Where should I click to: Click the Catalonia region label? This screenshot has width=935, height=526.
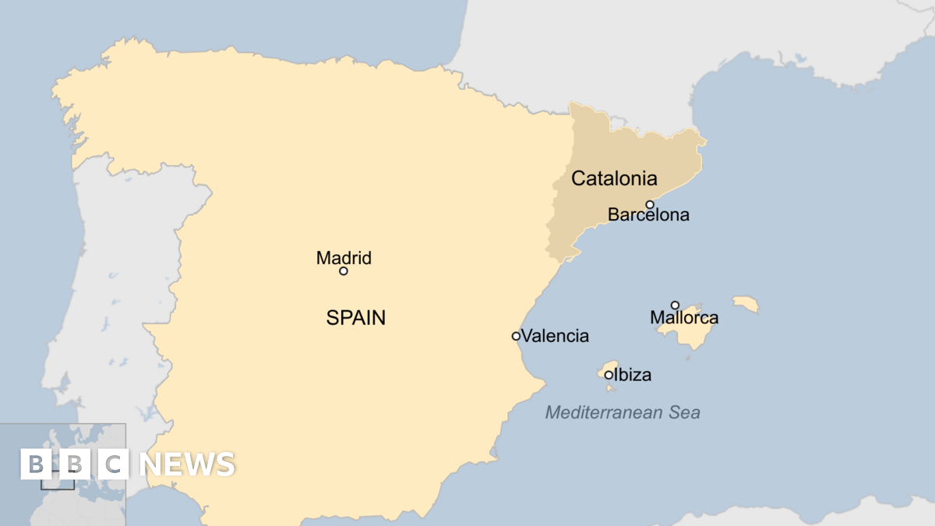(614, 178)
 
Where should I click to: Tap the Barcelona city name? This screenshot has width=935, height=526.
(648, 215)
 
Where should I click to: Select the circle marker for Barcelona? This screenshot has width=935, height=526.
(650, 205)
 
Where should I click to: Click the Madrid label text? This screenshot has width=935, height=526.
(344, 258)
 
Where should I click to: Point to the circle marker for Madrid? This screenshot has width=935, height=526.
(343, 271)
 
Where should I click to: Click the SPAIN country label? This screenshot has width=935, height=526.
(356, 318)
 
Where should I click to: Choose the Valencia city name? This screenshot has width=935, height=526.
(555, 337)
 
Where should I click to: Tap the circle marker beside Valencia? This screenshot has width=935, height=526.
(516, 336)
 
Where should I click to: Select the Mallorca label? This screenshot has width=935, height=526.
(684, 318)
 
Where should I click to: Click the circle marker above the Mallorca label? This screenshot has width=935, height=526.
(675, 305)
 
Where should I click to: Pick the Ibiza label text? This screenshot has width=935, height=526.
(633, 376)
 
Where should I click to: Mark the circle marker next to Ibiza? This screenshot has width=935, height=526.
(609, 375)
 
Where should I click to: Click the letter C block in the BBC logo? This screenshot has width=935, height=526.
(114, 464)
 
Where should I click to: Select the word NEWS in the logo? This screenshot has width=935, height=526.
(187, 464)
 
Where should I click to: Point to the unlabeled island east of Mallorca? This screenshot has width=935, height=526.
(746, 304)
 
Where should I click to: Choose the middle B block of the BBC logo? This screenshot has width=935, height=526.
(75, 464)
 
